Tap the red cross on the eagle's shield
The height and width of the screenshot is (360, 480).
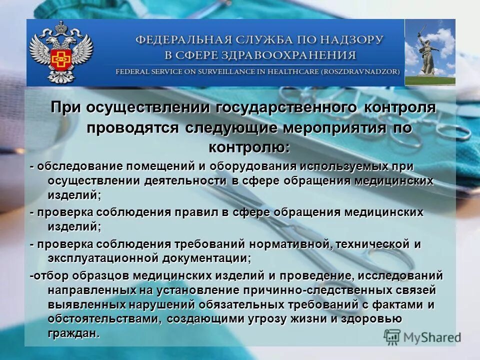(60, 55)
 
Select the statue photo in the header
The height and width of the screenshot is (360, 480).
(429, 52)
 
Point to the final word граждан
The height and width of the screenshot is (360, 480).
(73, 333)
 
